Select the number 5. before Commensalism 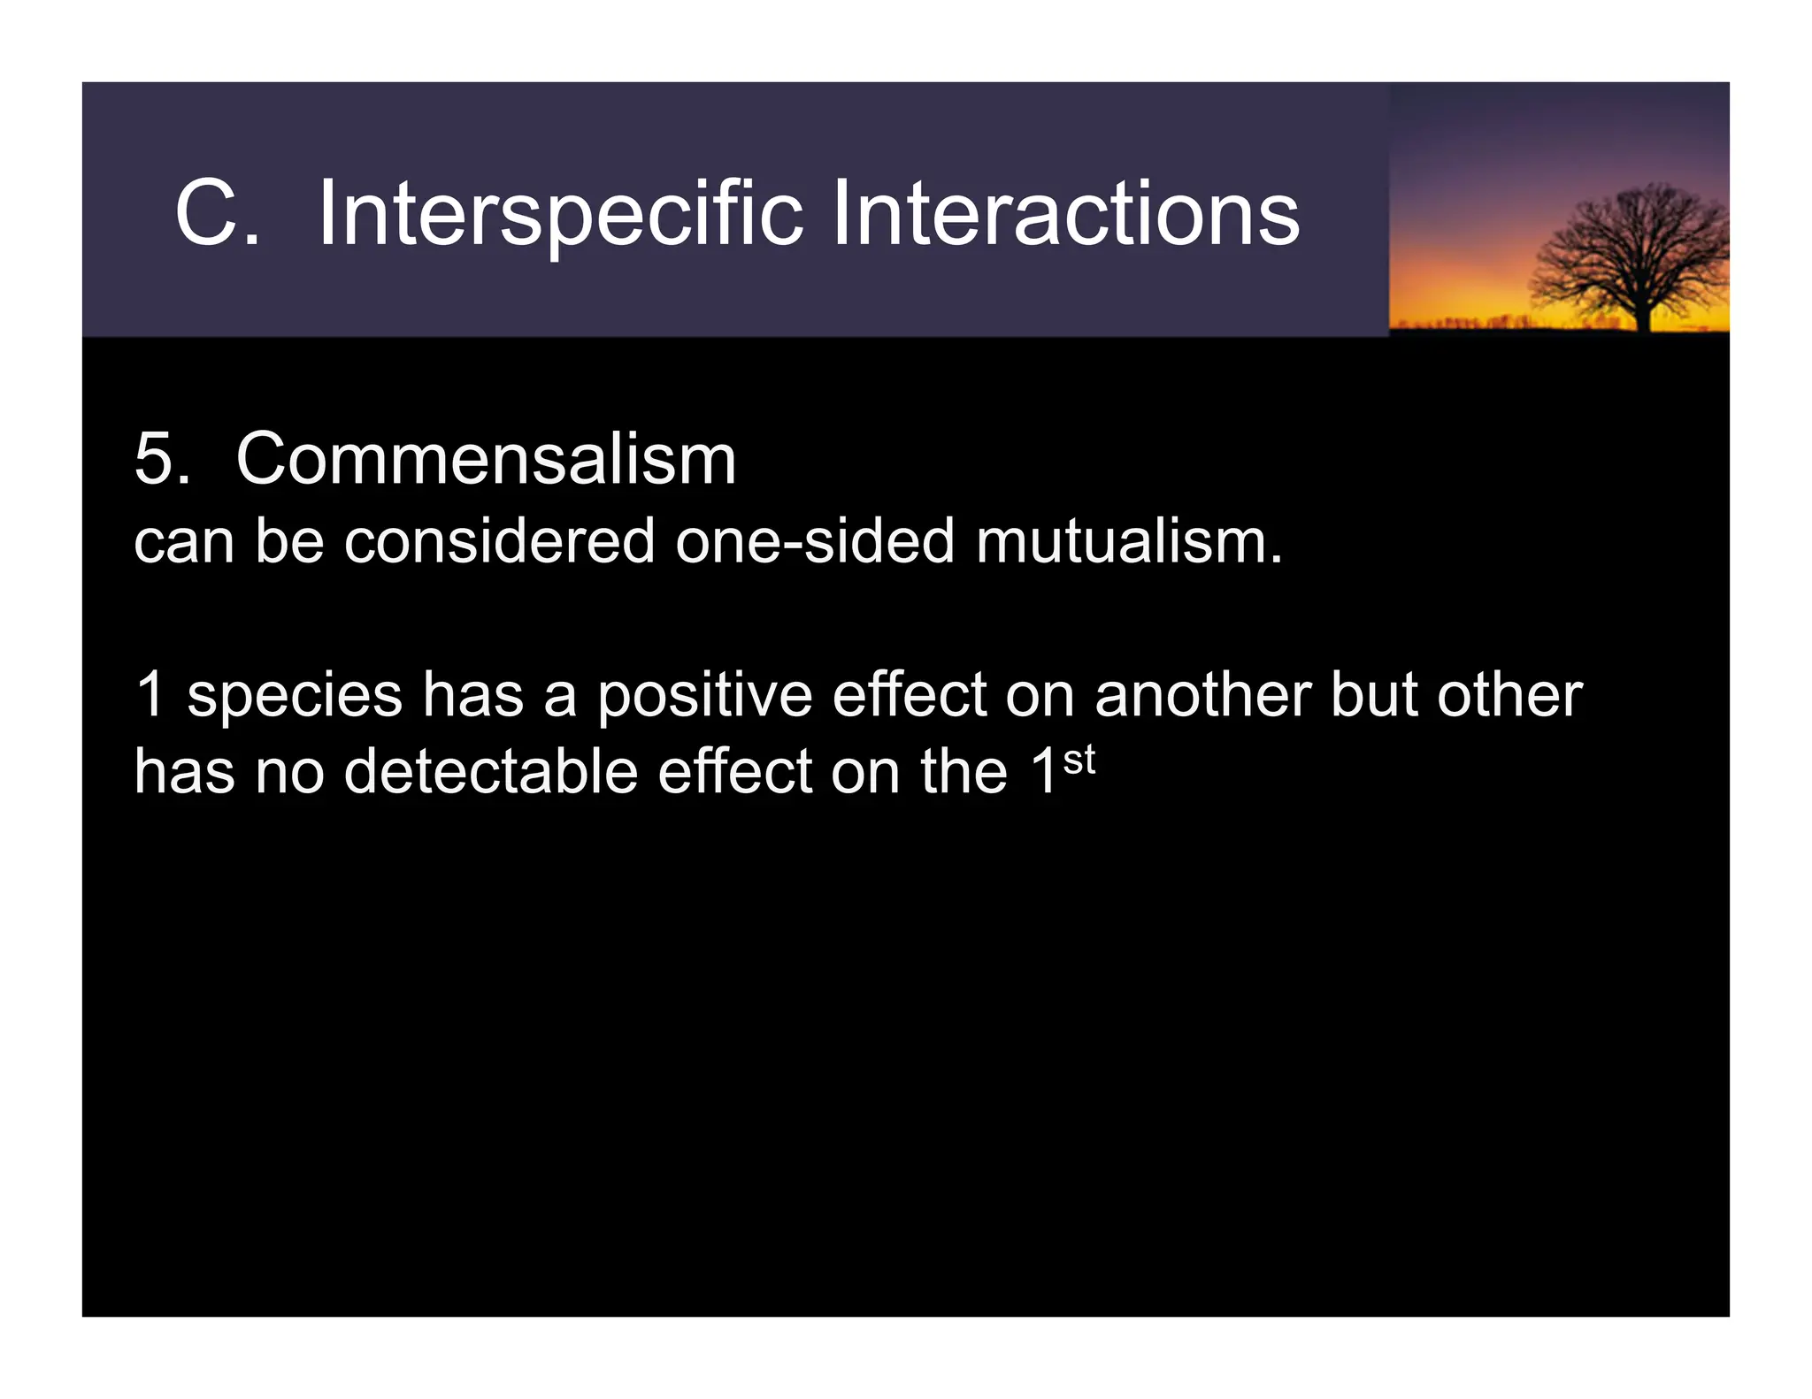click(x=162, y=459)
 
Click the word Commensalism click(x=486, y=459)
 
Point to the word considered click(x=499, y=540)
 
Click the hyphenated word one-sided click(x=815, y=540)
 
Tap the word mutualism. click(x=1128, y=540)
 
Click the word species click(x=295, y=695)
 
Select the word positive click(x=704, y=695)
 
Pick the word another click(x=1202, y=695)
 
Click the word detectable click(x=490, y=771)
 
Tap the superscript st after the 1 click(x=1079, y=760)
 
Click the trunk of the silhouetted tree click(x=1644, y=314)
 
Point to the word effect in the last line click(x=733, y=771)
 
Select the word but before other click(x=1374, y=695)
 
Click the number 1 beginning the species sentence click(x=150, y=695)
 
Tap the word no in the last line click(x=289, y=771)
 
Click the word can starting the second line click(x=183, y=540)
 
